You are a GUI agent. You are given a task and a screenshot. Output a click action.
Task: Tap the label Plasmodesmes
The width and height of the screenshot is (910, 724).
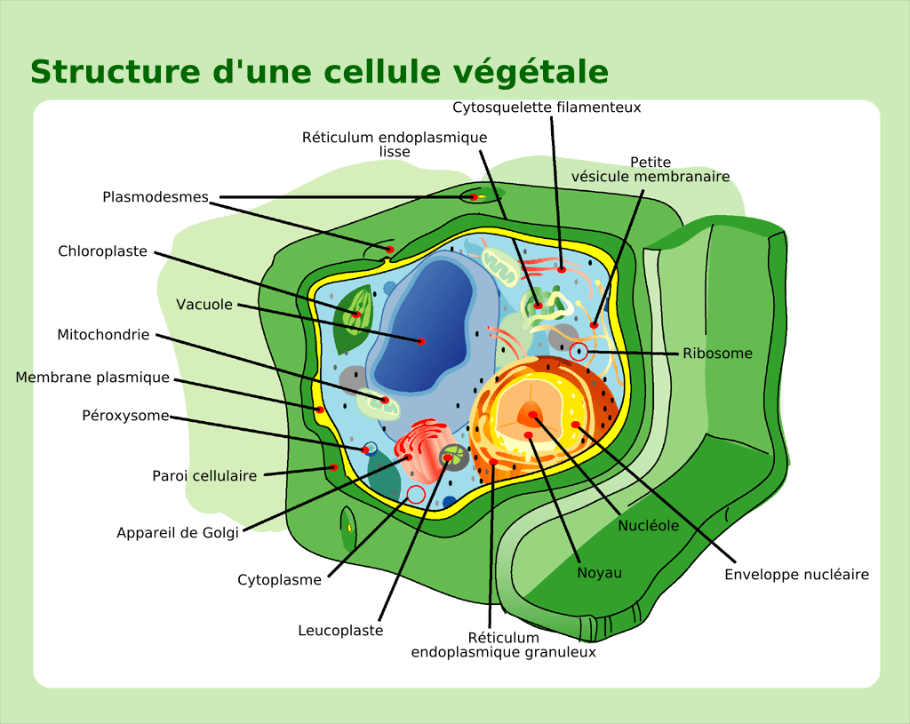tap(156, 197)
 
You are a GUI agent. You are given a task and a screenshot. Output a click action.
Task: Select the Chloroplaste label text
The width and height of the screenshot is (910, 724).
tap(103, 251)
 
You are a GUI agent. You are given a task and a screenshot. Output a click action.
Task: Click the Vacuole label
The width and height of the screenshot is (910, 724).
tap(204, 305)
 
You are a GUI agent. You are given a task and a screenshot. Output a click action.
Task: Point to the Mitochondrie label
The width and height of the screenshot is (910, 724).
tap(103, 335)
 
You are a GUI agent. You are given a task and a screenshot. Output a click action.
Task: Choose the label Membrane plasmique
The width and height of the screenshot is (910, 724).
tap(92, 378)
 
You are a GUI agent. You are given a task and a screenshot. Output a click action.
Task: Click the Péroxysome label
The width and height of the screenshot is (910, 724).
tap(125, 415)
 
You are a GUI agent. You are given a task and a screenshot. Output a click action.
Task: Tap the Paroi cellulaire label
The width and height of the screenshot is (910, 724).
tap(204, 476)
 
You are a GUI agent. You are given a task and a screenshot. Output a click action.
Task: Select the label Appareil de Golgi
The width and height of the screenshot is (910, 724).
tap(178, 533)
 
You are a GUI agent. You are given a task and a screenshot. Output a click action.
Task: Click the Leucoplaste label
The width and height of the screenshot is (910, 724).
tap(340, 631)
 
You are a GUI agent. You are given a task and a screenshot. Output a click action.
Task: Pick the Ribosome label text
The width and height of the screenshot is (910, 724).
tap(717, 354)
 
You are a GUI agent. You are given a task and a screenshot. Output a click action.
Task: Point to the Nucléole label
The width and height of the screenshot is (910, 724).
tap(649, 526)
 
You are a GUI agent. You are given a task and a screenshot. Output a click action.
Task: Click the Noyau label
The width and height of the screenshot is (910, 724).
tap(600, 573)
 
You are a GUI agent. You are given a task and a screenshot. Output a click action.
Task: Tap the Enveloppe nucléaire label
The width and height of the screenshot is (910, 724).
tap(796, 575)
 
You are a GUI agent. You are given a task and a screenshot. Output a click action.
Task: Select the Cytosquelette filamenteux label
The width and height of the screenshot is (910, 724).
tap(547, 107)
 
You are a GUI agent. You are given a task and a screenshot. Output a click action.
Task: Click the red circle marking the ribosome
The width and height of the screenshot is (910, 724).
tap(579, 351)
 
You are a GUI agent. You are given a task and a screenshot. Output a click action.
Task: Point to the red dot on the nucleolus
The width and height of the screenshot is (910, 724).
tap(533, 415)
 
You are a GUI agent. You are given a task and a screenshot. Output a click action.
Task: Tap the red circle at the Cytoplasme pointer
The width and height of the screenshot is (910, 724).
tap(415, 494)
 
